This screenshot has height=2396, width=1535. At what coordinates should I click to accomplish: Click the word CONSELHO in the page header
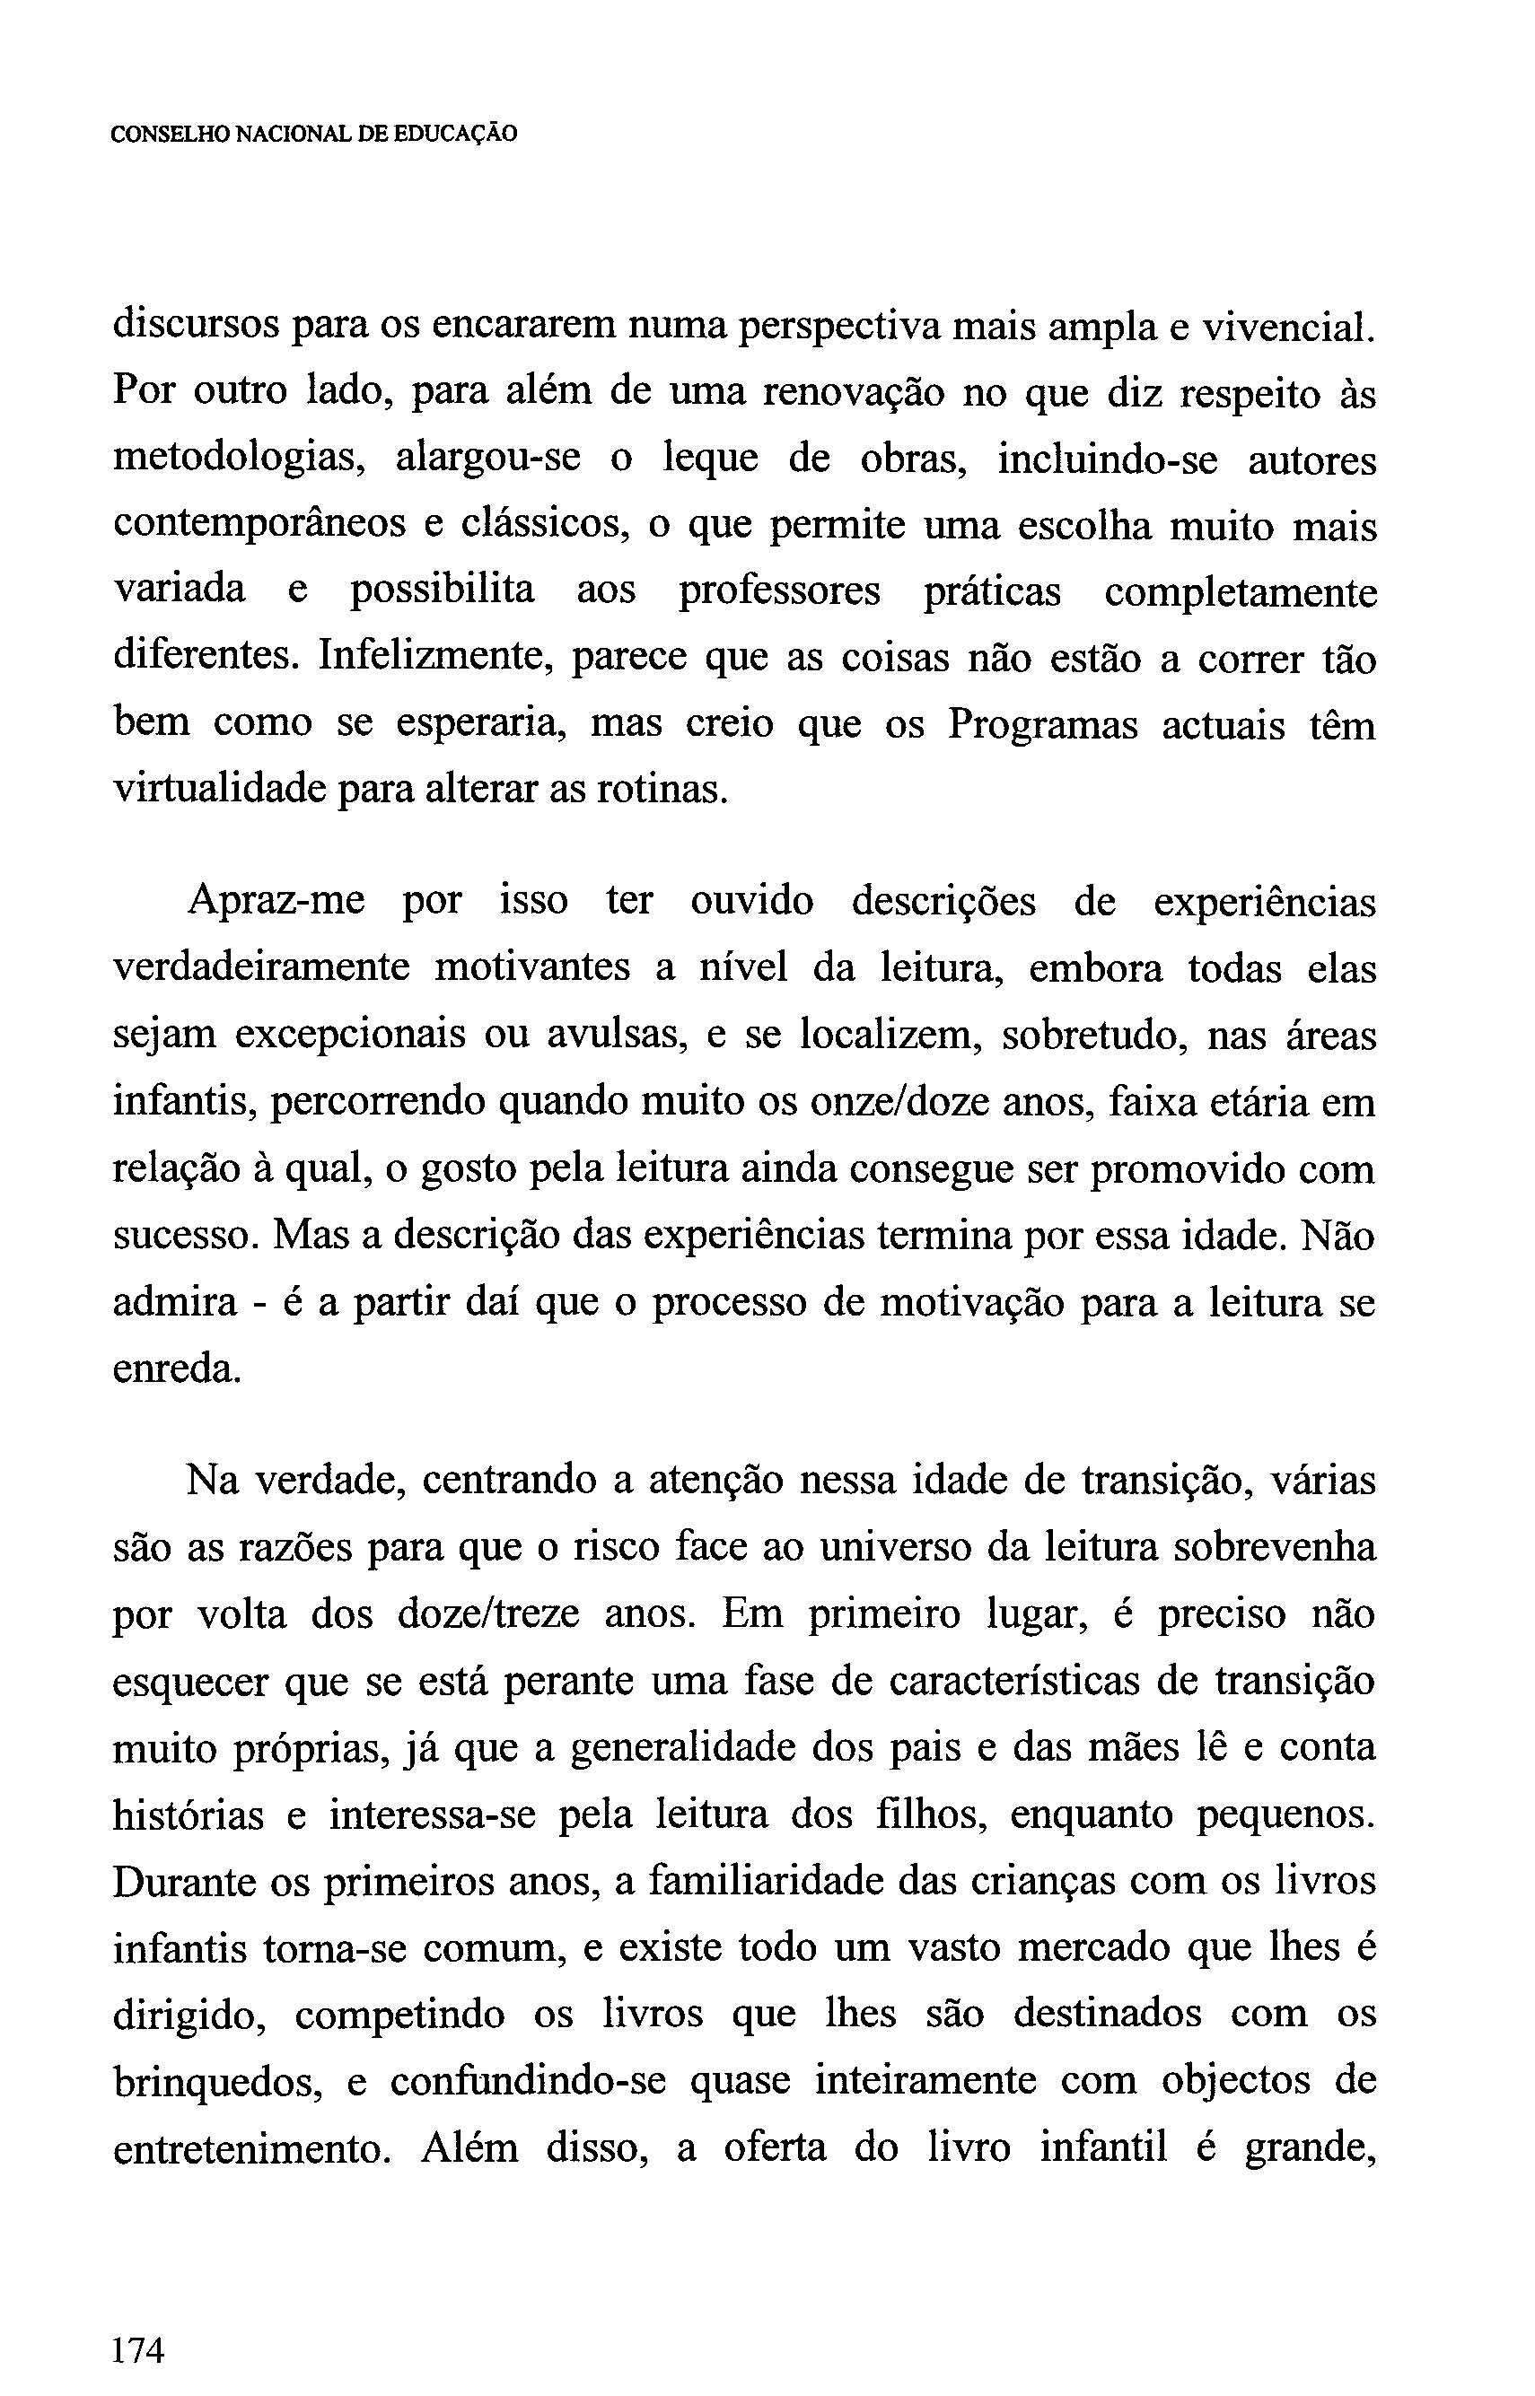pos(171,135)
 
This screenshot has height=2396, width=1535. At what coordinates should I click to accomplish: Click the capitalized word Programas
pos(1041,724)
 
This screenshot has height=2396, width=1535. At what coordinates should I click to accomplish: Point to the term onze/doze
pos(829,1102)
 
